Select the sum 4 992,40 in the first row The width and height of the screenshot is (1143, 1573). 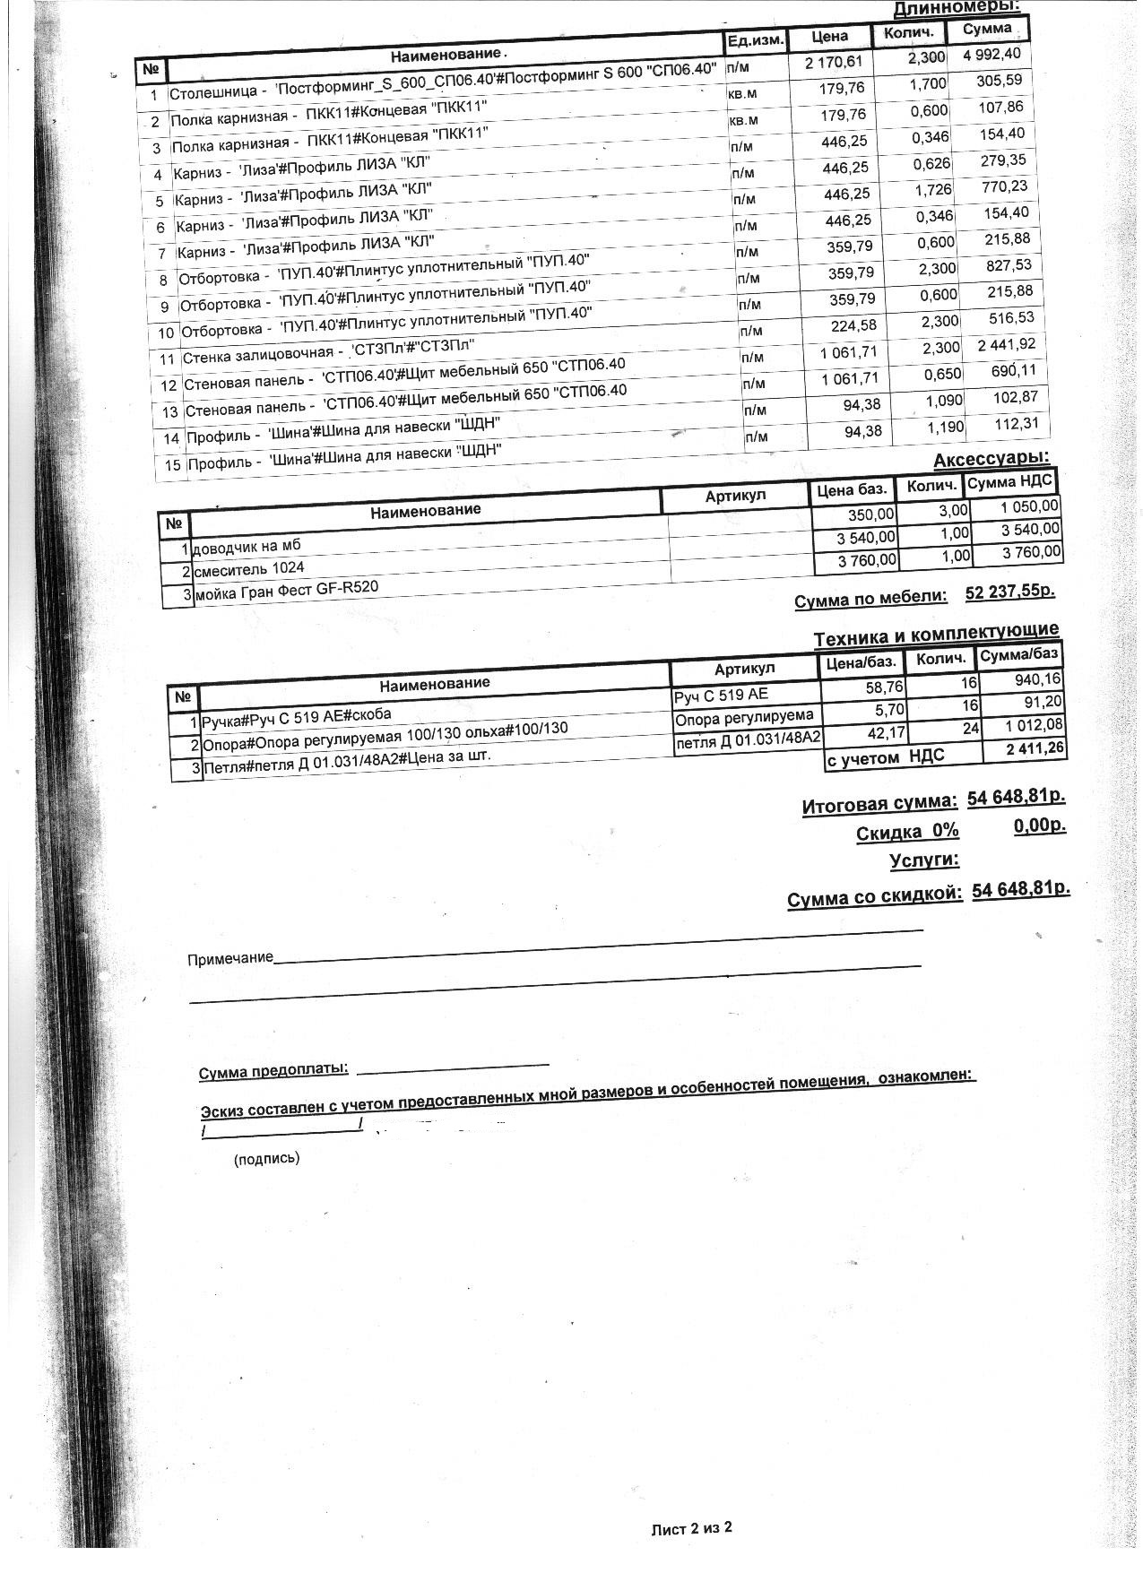click(x=991, y=54)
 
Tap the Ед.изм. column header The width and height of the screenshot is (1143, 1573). click(x=756, y=39)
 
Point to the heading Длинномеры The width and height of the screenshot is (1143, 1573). click(x=957, y=8)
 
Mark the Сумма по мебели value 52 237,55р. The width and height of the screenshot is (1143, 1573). click(x=1009, y=592)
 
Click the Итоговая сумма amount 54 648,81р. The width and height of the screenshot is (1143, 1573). click(x=1017, y=796)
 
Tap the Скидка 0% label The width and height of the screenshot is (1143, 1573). click(x=907, y=832)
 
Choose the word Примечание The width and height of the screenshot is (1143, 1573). click(x=230, y=958)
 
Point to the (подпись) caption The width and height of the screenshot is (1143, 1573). click(x=266, y=1159)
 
